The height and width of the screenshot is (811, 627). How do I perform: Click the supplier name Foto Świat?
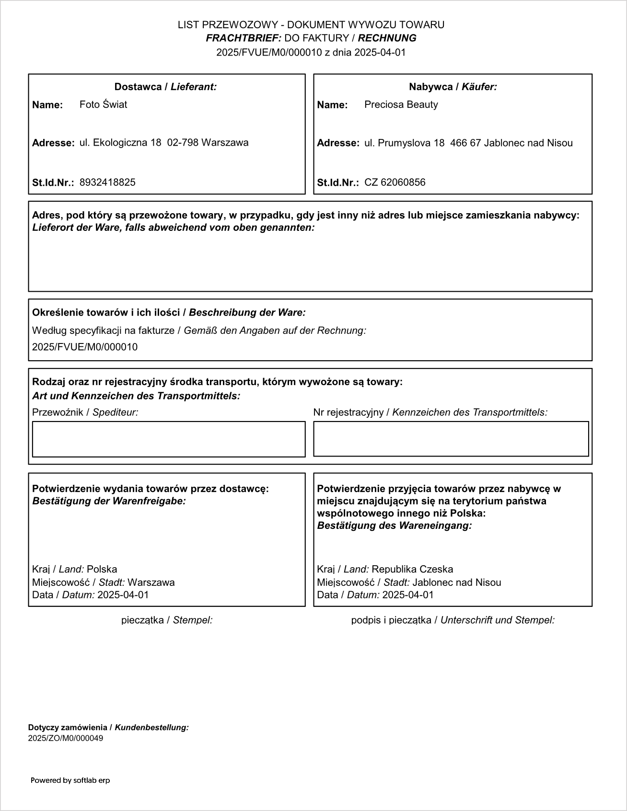tap(103, 104)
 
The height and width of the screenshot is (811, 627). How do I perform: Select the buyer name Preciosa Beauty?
tap(401, 104)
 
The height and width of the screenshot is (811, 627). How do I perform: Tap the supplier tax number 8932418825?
tap(107, 182)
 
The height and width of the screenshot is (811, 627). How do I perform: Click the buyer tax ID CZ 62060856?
tap(395, 182)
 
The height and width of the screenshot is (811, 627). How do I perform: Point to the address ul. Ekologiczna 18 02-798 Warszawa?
tap(164, 142)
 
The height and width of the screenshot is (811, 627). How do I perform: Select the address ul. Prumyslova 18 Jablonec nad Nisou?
tap(468, 143)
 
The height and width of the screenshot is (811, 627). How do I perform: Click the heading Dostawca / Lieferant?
tap(165, 87)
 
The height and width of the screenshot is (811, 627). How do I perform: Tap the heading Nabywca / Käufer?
tap(453, 87)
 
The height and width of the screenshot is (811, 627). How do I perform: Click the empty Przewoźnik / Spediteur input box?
tap(168, 439)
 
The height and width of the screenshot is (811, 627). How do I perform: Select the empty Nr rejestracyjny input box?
tap(451, 438)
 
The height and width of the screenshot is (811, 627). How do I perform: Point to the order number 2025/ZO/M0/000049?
tap(65, 738)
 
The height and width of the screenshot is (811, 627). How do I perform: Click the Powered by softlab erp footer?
tap(70, 780)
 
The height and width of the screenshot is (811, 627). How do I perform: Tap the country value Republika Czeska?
tap(412, 569)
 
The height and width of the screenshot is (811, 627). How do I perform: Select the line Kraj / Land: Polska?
tap(74, 569)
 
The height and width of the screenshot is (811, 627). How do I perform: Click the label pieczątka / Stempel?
tap(167, 620)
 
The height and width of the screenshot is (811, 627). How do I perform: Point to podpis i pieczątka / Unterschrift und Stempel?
tap(453, 620)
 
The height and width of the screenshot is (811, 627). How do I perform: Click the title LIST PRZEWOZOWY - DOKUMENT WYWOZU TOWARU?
tap(311, 25)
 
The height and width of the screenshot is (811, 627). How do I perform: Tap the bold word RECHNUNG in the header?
tap(387, 38)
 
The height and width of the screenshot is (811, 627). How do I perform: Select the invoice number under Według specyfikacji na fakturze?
tap(84, 347)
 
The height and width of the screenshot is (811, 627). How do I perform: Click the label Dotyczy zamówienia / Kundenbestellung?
tap(108, 727)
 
